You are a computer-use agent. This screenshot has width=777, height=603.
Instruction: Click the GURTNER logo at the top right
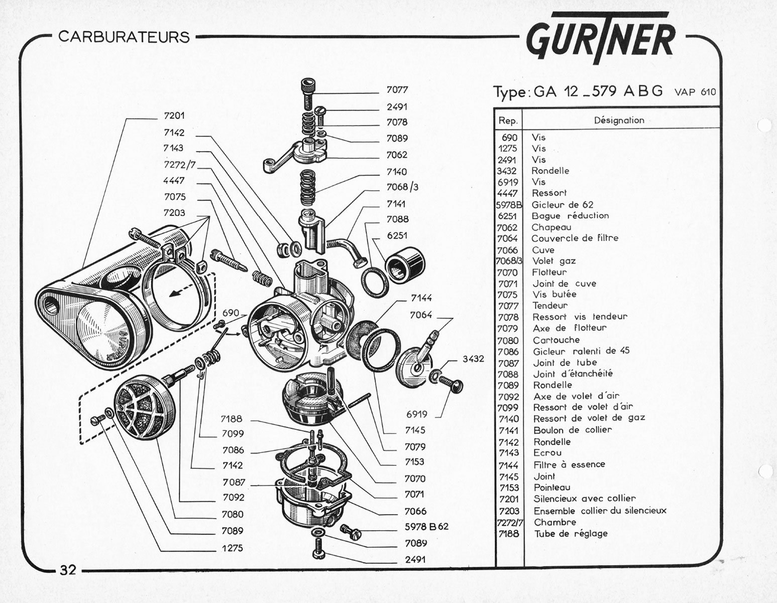[601, 38]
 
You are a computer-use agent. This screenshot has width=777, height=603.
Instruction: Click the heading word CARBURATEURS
[124, 37]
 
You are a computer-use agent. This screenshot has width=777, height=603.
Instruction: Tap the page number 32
[68, 570]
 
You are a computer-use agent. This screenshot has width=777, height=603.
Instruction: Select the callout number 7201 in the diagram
[174, 116]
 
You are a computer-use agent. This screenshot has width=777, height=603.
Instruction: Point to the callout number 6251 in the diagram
[397, 236]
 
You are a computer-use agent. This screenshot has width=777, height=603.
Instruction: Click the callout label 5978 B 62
[426, 527]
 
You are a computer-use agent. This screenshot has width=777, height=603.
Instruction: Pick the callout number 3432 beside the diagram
[473, 359]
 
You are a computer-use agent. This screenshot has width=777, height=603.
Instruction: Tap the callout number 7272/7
[180, 164]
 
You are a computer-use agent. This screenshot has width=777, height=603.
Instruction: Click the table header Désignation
[619, 120]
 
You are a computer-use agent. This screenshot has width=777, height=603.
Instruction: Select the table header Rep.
[508, 121]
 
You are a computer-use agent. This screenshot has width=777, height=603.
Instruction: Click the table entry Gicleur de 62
[562, 205]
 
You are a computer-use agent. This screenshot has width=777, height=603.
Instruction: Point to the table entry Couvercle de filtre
[575, 238]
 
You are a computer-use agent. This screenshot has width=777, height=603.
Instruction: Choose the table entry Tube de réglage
[571, 534]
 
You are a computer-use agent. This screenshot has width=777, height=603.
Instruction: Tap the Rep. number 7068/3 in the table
[509, 261]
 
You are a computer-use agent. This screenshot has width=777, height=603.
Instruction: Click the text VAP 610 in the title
[695, 92]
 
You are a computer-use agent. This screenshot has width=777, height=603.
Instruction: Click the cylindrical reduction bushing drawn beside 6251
[404, 265]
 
